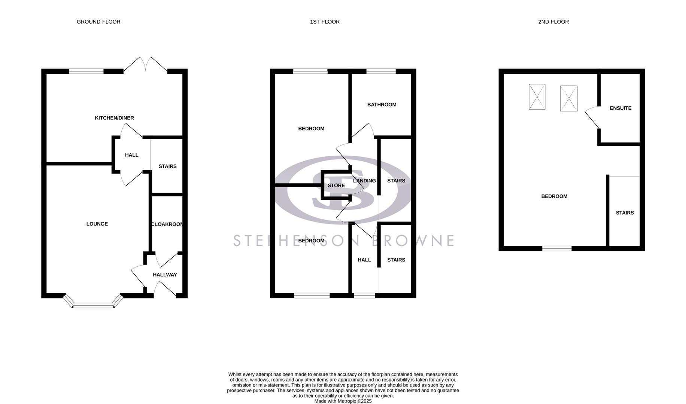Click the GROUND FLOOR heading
click(x=98, y=22)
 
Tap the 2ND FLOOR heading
click(x=553, y=22)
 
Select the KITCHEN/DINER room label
click(x=114, y=118)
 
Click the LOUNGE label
click(x=97, y=224)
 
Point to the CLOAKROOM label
click(x=167, y=224)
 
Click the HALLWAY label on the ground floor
click(x=165, y=275)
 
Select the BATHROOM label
click(x=382, y=105)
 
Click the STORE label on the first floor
click(x=336, y=186)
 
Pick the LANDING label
click(x=364, y=181)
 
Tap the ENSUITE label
click(x=620, y=108)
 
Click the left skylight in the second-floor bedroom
click(x=537, y=97)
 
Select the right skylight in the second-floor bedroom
click(x=568, y=98)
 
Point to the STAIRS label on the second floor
click(x=625, y=213)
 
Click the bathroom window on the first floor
click(x=381, y=71)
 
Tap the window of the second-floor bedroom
click(x=557, y=248)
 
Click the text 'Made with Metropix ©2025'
click(x=343, y=401)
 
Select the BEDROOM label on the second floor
click(x=554, y=196)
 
